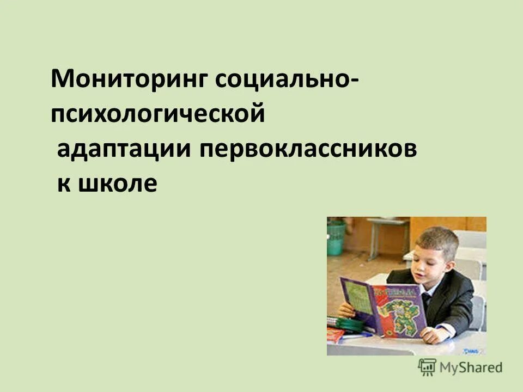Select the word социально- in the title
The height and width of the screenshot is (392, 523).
[x=288, y=81]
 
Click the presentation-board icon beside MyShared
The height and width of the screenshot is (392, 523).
[x=427, y=367]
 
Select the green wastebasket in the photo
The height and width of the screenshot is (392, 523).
[x=336, y=237]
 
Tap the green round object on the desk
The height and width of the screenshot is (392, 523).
[x=349, y=324]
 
